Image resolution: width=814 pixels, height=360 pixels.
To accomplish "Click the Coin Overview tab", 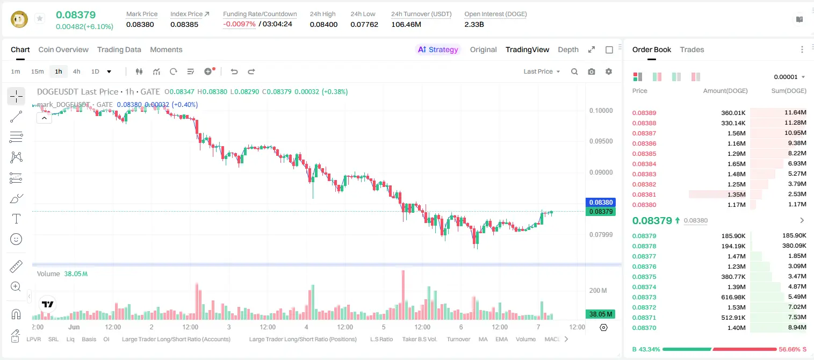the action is click(x=63, y=49).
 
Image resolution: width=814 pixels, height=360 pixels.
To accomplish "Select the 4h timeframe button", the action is click(x=76, y=71).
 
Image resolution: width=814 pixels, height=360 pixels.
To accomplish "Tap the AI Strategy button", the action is click(x=438, y=49).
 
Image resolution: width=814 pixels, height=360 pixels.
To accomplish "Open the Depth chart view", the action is click(x=568, y=49).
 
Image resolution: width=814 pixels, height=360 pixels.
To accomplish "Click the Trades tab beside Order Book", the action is click(x=692, y=49).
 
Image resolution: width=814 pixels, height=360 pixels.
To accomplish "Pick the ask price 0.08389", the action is click(x=644, y=113).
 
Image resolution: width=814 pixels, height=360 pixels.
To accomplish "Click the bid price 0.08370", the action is click(x=644, y=328).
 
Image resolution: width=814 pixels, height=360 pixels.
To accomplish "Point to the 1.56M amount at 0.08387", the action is click(x=736, y=133).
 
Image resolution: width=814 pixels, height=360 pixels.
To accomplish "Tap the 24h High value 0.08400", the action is click(x=323, y=24).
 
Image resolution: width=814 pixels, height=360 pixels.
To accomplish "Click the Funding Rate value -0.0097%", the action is click(x=239, y=24).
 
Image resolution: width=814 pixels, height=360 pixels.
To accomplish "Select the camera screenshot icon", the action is click(x=592, y=71).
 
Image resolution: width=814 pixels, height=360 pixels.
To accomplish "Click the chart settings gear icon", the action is click(x=609, y=71).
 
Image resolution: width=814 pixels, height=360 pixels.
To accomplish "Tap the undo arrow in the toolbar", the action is click(x=234, y=71).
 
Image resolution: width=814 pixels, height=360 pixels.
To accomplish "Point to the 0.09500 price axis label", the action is click(x=601, y=141).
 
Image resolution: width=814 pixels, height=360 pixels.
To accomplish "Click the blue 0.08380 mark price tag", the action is click(x=601, y=203).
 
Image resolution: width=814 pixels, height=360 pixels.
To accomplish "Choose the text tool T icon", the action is click(x=16, y=219).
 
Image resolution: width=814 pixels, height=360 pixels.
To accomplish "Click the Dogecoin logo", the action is click(x=19, y=19).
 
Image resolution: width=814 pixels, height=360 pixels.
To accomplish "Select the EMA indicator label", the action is click(x=501, y=339).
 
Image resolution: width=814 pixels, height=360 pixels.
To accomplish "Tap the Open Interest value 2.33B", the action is click(x=474, y=24).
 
